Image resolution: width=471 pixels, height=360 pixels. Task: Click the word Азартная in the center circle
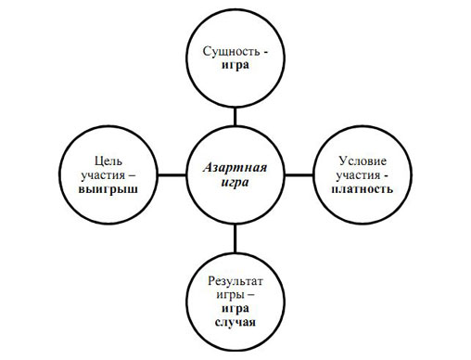(x=235, y=169)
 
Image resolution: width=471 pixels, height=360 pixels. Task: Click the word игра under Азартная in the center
(x=235, y=184)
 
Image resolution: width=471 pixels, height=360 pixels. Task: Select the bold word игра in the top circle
(x=236, y=68)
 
